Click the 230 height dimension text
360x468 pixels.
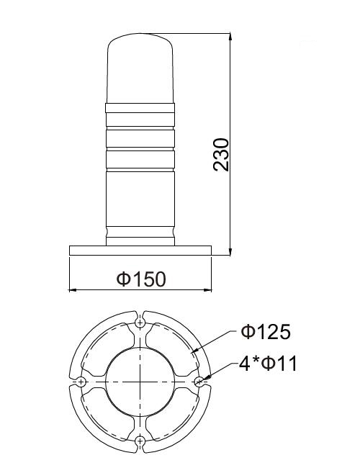(222, 153)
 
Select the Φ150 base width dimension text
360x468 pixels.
(140, 278)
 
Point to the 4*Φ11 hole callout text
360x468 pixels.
(268, 364)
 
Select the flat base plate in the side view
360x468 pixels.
(140, 250)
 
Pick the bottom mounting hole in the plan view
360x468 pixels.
(140, 440)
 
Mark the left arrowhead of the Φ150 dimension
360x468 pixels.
(72, 290)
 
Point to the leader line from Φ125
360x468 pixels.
(216, 343)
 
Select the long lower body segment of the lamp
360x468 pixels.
(140, 198)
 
